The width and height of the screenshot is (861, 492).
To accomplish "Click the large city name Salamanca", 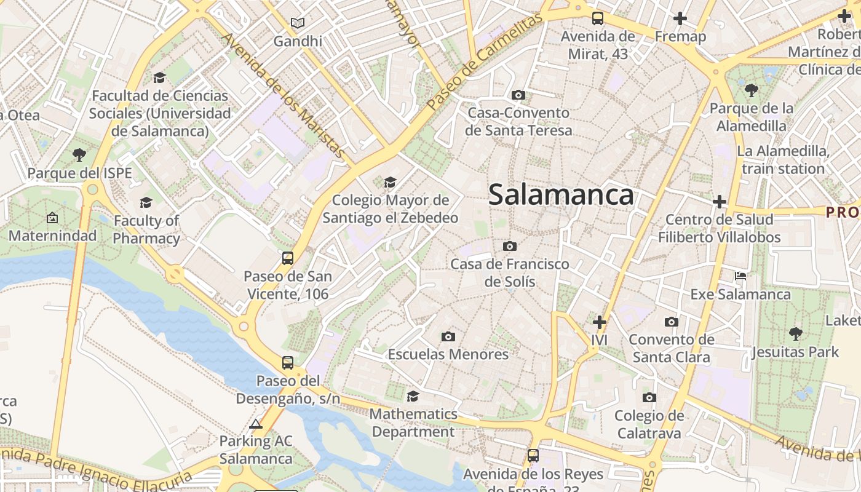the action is [x=560, y=195].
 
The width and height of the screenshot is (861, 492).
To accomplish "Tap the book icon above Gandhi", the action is [x=298, y=23].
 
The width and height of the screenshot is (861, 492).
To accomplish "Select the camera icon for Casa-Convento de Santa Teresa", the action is [x=518, y=95].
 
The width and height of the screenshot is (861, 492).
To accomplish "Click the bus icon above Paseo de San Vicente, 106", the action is [x=288, y=258].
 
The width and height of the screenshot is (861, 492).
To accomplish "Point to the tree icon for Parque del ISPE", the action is [x=79, y=154].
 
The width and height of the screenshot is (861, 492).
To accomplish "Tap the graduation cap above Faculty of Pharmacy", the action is [x=146, y=202].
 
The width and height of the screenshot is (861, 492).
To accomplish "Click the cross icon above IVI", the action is [x=599, y=322].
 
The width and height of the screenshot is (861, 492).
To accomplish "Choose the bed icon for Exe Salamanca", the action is [x=740, y=276].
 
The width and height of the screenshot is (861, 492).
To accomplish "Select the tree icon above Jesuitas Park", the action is [x=795, y=334].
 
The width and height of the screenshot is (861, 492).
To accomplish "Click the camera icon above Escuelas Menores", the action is [x=448, y=336].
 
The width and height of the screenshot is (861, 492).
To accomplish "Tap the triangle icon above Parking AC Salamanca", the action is [x=256, y=424].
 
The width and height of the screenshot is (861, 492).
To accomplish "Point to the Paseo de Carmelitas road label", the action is [x=485, y=61].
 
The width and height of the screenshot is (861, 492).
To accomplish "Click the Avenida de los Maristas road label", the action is [x=284, y=95].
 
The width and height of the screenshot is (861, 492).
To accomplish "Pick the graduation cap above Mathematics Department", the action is [x=413, y=396].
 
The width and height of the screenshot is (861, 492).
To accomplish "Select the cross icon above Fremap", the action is [x=680, y=18].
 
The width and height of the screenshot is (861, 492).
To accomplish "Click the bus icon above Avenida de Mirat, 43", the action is [x=598, y=18].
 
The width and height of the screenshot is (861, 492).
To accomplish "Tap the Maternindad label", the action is [x=53, y=236].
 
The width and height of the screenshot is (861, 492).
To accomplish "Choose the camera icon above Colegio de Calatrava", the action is [x=649, y=398].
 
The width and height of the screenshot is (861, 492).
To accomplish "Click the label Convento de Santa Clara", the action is [x=672, y=348].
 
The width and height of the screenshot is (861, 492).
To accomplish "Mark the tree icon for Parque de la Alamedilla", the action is [x=751, y=90].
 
